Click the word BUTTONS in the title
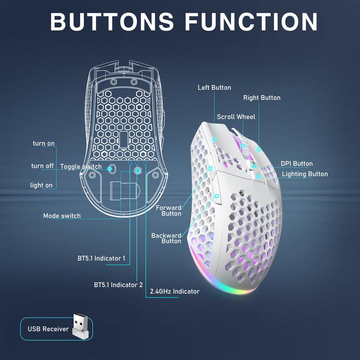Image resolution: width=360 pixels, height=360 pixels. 112,21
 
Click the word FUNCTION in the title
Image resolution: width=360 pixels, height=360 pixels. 251,21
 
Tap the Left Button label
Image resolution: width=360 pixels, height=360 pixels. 214,87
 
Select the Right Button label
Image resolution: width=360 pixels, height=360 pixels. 262,98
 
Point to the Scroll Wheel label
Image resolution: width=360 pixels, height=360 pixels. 236,117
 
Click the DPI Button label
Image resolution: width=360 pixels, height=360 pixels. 297,164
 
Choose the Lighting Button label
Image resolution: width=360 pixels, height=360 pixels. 305,174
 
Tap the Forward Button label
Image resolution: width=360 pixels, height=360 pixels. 168,211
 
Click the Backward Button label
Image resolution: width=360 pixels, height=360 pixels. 166,238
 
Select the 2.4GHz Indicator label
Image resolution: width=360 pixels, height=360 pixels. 175,291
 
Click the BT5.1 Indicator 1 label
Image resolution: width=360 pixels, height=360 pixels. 102,258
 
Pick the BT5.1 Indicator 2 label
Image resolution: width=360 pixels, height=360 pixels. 118,285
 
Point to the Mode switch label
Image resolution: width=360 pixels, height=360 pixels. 62,216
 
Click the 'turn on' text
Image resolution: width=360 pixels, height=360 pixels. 44,144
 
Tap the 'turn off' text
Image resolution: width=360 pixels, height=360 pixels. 42,166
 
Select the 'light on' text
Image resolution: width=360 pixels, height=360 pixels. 41,185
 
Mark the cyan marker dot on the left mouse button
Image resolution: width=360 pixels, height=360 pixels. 215,139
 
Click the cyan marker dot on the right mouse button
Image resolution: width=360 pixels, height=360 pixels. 259,149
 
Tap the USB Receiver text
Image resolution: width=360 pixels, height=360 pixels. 48,329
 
